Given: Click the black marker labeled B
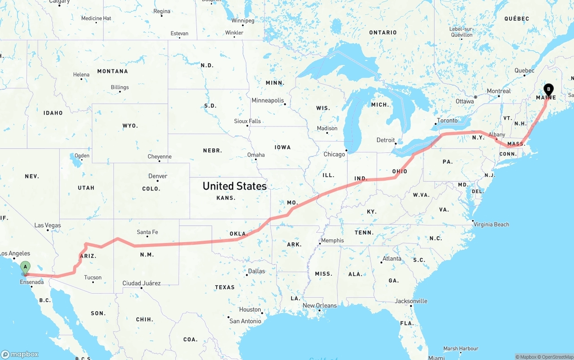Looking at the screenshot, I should coord(548,89).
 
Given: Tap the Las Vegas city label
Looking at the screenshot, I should coord(48,226).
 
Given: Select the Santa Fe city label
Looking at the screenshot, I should coord(147,232).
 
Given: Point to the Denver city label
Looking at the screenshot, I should coord(158,176).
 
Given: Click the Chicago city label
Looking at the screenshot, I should coord(335,154).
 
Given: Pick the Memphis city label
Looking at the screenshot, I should coord(332,240).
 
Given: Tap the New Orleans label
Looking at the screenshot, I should coord(320,306).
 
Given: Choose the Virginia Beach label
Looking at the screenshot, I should coord(492,224).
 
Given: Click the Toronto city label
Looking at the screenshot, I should coord(447,121).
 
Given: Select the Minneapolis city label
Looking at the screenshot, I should coord(268,100).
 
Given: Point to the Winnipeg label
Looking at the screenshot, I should coord(243,21).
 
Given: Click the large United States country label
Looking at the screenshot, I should coord(235,186).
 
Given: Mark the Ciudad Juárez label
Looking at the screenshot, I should coord(141,283).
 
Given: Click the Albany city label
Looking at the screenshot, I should coord(496,134).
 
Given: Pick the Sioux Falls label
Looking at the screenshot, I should coord(247,121).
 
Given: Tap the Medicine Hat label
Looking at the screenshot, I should coord(96,18).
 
